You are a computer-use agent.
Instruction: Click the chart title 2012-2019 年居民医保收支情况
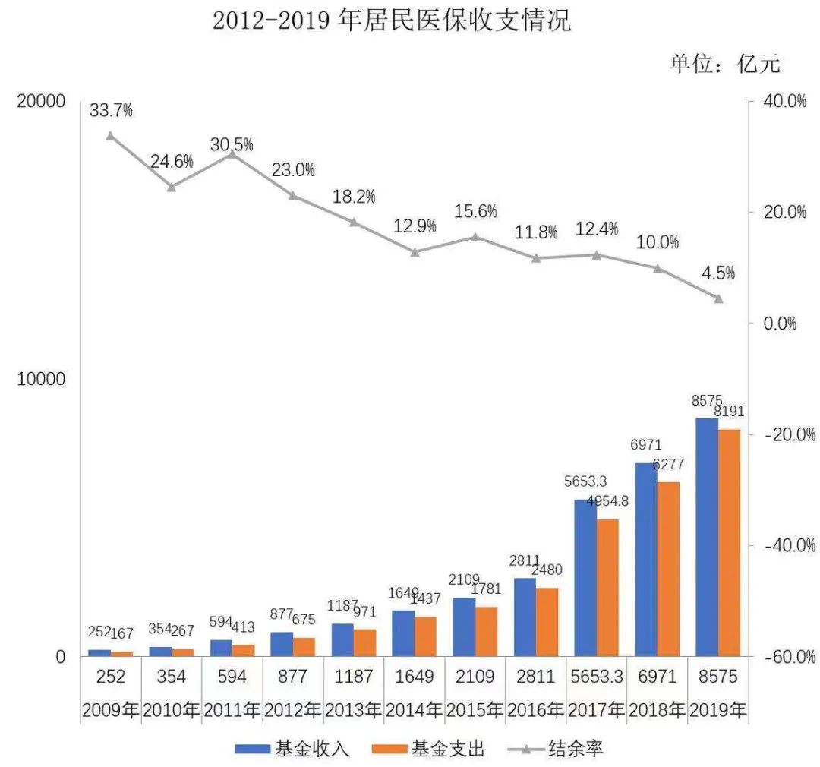pyautogui.click(x=391, y=21)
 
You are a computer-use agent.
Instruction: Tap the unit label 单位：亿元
pyautogui.click(x=724, y=63)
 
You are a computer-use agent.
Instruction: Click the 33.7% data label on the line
pyautogui.click(x=111, y=110)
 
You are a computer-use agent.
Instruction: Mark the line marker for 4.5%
pyautogui.click(x=718, y=298)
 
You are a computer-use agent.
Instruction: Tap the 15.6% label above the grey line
pyautogui.click(x=475, y=212)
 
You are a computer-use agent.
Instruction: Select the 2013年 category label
pyautogui.click(x=354, y=711)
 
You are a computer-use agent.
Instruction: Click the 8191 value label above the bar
pyautogui.click(x=728, y=412)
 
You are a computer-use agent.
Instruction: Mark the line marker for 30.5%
pyautogui.click(x=232, y=153)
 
